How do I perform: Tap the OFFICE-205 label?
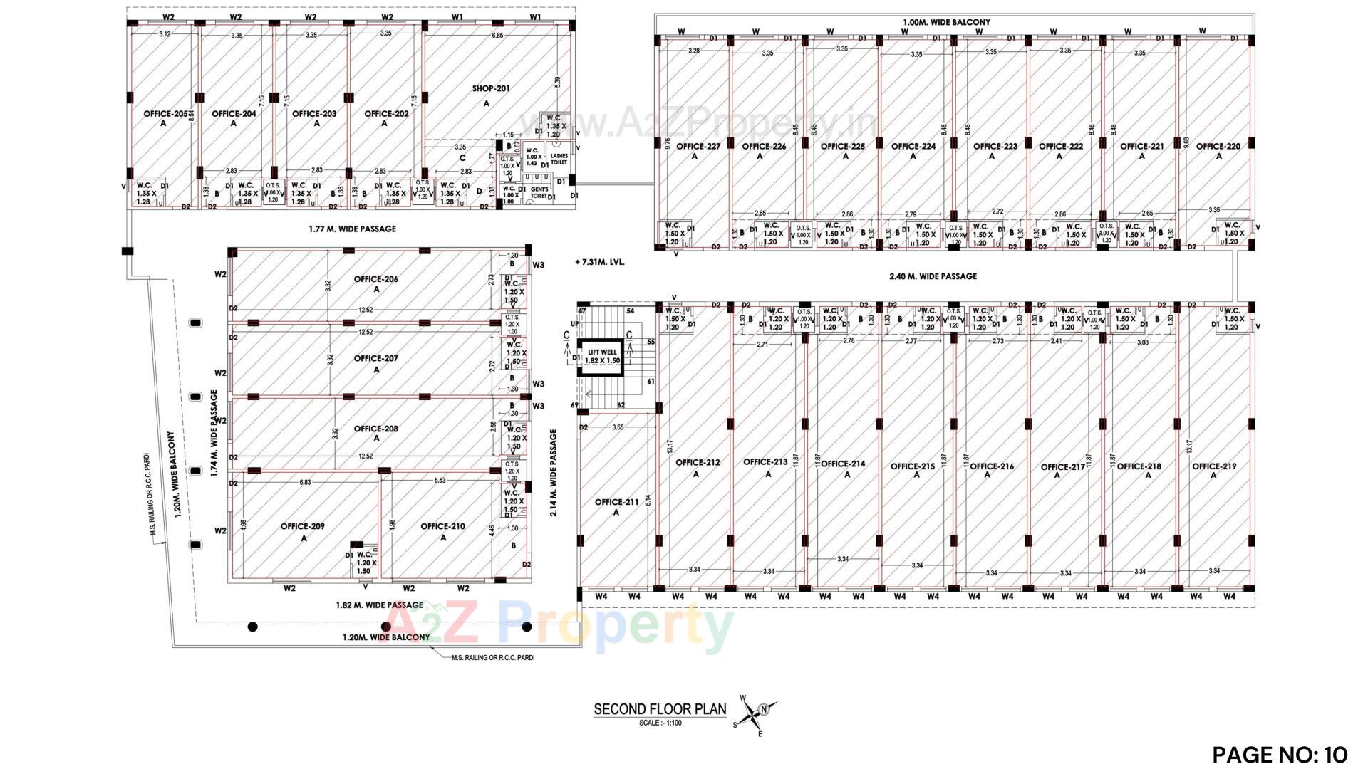point(165,114)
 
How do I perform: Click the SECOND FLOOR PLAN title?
point(660,709)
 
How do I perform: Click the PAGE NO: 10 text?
point(1280,754)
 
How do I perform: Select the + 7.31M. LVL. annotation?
point(599,262)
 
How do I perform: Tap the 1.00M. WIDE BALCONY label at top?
point(946,22)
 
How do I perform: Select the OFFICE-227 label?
point(698,147)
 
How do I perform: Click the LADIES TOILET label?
point(559,158)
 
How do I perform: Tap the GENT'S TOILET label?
point(539,192)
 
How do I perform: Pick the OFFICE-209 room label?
point(303,527)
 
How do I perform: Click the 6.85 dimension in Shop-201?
point(497,35)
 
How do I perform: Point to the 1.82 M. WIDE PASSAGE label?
point(379,605)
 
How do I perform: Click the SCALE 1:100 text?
point(660,723)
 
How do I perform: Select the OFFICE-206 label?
point(376,279)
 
